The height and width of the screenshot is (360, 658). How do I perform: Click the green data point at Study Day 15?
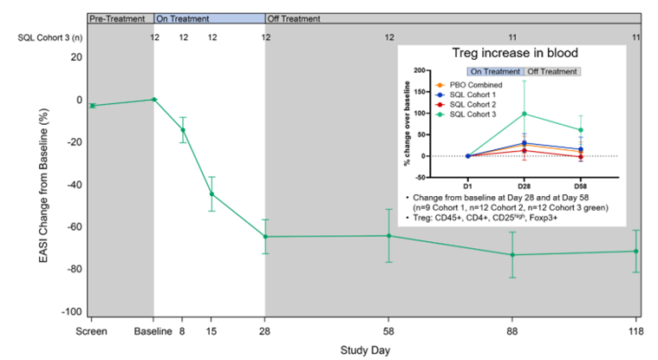click(x=212, y=194)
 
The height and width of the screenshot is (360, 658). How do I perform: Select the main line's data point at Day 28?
click(x=265, y=237)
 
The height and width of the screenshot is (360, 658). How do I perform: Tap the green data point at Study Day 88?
click(x=512, y=255)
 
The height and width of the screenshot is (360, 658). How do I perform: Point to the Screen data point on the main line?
click(x=92, y=106)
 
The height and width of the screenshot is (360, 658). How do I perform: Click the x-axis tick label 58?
click(x=388, y=331)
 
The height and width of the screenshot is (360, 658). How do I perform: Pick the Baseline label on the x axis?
click(x=153, y=331)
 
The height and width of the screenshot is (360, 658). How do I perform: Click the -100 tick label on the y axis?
click(x=72, y=311)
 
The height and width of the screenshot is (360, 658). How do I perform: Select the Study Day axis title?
click(x=365, y=350)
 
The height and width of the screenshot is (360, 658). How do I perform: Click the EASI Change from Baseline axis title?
click(x=43, y=186)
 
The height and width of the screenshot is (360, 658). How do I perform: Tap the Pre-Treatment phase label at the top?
click(x=117, y=19)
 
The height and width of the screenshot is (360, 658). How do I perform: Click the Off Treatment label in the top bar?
click(x=294, y=19)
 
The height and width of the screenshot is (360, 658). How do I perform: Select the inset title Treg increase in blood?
click(x=515, y=53)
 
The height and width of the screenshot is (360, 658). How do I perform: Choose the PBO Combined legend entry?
click(x=469, y=85)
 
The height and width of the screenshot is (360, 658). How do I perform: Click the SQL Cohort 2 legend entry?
click(x=466, y=105)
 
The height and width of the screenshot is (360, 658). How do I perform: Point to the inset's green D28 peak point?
click(x=524, y=114)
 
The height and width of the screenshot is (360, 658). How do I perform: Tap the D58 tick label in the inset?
click(x=581, y=186)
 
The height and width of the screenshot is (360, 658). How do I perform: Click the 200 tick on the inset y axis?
click(x=420, y=70)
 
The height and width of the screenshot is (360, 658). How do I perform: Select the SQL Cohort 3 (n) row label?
click(x=50, y=38)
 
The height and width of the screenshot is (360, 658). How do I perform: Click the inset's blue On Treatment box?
click(x=496, y=72)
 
